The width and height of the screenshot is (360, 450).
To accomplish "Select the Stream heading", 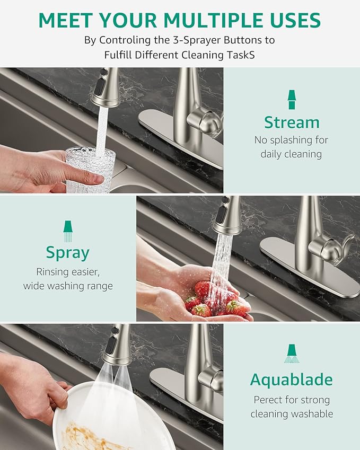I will coord(292,122).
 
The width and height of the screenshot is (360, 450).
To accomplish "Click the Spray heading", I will coord(67,252).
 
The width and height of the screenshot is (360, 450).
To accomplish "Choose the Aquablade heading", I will coord(291,380).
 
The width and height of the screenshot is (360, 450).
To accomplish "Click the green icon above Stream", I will coord(292,100).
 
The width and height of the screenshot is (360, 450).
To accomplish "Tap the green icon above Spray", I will coord(67,231).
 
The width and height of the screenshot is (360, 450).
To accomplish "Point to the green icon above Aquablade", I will coord(291,354).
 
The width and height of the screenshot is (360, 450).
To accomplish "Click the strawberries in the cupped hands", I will coord(212,299).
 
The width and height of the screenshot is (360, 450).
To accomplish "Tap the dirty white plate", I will coord(106,419).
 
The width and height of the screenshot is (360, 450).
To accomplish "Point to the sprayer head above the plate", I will coord(117,346).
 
